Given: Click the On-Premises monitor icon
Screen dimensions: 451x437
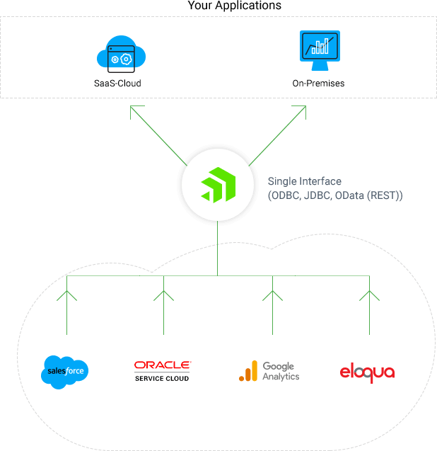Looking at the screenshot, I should tap(319, 50).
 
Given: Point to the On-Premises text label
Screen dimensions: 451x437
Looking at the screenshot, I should tap(318, 84).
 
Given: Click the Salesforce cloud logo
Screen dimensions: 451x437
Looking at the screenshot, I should tap(65, 372).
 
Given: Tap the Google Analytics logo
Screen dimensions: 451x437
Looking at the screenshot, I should tap(269, 372).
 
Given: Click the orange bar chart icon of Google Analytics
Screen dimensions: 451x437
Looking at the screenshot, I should tap(248, 372).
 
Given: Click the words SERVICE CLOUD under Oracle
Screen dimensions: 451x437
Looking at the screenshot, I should tap(162, 378).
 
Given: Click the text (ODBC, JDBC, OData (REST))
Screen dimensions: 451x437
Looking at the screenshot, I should tap(335, 195).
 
